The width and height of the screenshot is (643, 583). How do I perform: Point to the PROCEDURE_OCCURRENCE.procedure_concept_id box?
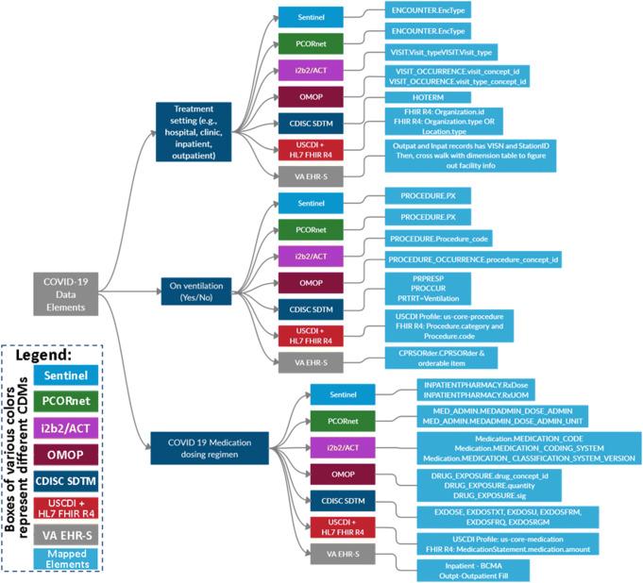pos(471,258)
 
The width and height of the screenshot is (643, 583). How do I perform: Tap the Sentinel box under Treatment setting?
pos(304,18)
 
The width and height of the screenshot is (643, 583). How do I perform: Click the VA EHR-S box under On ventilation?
pos(304,362)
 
